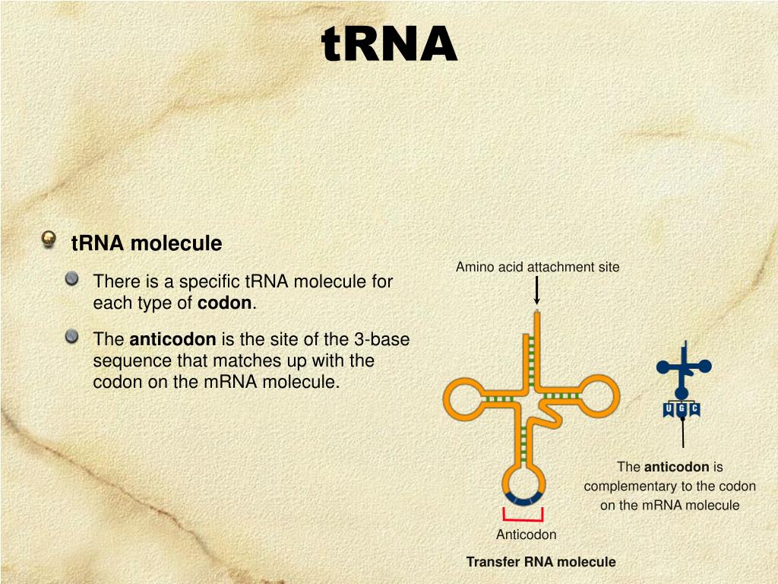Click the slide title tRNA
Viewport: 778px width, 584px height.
pos(389,44)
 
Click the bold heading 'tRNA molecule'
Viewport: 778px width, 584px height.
pos(147,243)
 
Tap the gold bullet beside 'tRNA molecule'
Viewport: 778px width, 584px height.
pos(49,240)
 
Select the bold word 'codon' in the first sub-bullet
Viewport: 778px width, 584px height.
pos(224,303)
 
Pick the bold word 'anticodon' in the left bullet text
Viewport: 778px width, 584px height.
pos(173,339)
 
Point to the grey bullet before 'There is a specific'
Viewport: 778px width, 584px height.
pos(71,279)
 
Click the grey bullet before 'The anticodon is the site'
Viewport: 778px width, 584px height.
pos(71,337)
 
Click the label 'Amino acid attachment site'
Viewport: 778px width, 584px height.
pos(537,267)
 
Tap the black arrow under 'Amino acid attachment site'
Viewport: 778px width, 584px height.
pos(537,291)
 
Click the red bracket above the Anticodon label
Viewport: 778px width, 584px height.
pos(523,516)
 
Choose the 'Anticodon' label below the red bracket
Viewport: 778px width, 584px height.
pos(526,535)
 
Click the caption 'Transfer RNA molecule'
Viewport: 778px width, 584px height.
pos(540,562)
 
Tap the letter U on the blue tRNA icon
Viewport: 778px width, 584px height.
pos(669,411)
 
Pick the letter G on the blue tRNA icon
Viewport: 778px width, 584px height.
pos(682,411)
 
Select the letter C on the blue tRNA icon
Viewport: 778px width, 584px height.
pos(694,411)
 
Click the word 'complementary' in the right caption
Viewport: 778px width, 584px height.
pos(630,486)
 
